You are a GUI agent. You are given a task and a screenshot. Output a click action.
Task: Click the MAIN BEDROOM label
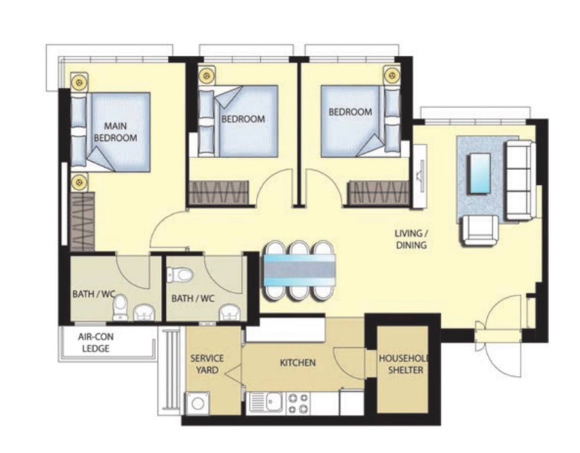[x=115, y=132]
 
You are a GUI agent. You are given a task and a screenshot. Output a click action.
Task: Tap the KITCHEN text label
[x=298, y=363]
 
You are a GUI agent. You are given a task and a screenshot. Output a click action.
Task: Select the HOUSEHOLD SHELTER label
[x=404, y=364]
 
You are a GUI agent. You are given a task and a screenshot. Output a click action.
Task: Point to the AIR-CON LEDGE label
[x=96, y=343]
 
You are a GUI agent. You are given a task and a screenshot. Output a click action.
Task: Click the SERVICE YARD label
[x=207, y=364]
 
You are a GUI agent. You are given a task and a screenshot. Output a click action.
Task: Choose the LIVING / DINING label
[x=411, y=240]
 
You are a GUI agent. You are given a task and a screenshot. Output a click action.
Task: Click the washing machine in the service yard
[x=198, y=404]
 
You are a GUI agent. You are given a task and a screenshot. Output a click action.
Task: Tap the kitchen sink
[x=267, y=403]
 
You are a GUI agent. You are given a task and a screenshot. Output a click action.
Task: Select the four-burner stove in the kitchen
[x=298, y=403]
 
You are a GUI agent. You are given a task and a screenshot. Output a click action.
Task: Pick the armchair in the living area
[x=480, y=230]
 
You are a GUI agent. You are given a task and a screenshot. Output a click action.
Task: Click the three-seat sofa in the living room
[x=521, y=180]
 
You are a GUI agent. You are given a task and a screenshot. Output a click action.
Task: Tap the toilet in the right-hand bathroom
[x=181, y=275]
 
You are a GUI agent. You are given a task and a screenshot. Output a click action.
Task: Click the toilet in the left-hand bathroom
[x=120, y=307]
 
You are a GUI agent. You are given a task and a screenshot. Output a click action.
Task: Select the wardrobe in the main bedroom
[x=83, y=221]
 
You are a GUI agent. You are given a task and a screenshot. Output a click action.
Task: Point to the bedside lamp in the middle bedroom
[x=207, y=76]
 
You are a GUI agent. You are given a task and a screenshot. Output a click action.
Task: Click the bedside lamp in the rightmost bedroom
[x=391, y=75]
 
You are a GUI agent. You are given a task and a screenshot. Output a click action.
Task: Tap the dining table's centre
[x=299, y=270]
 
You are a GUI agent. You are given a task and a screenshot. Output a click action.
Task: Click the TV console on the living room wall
[x=420, y=176]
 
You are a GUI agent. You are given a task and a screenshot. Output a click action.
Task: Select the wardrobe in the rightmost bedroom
[x=378, y=192]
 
